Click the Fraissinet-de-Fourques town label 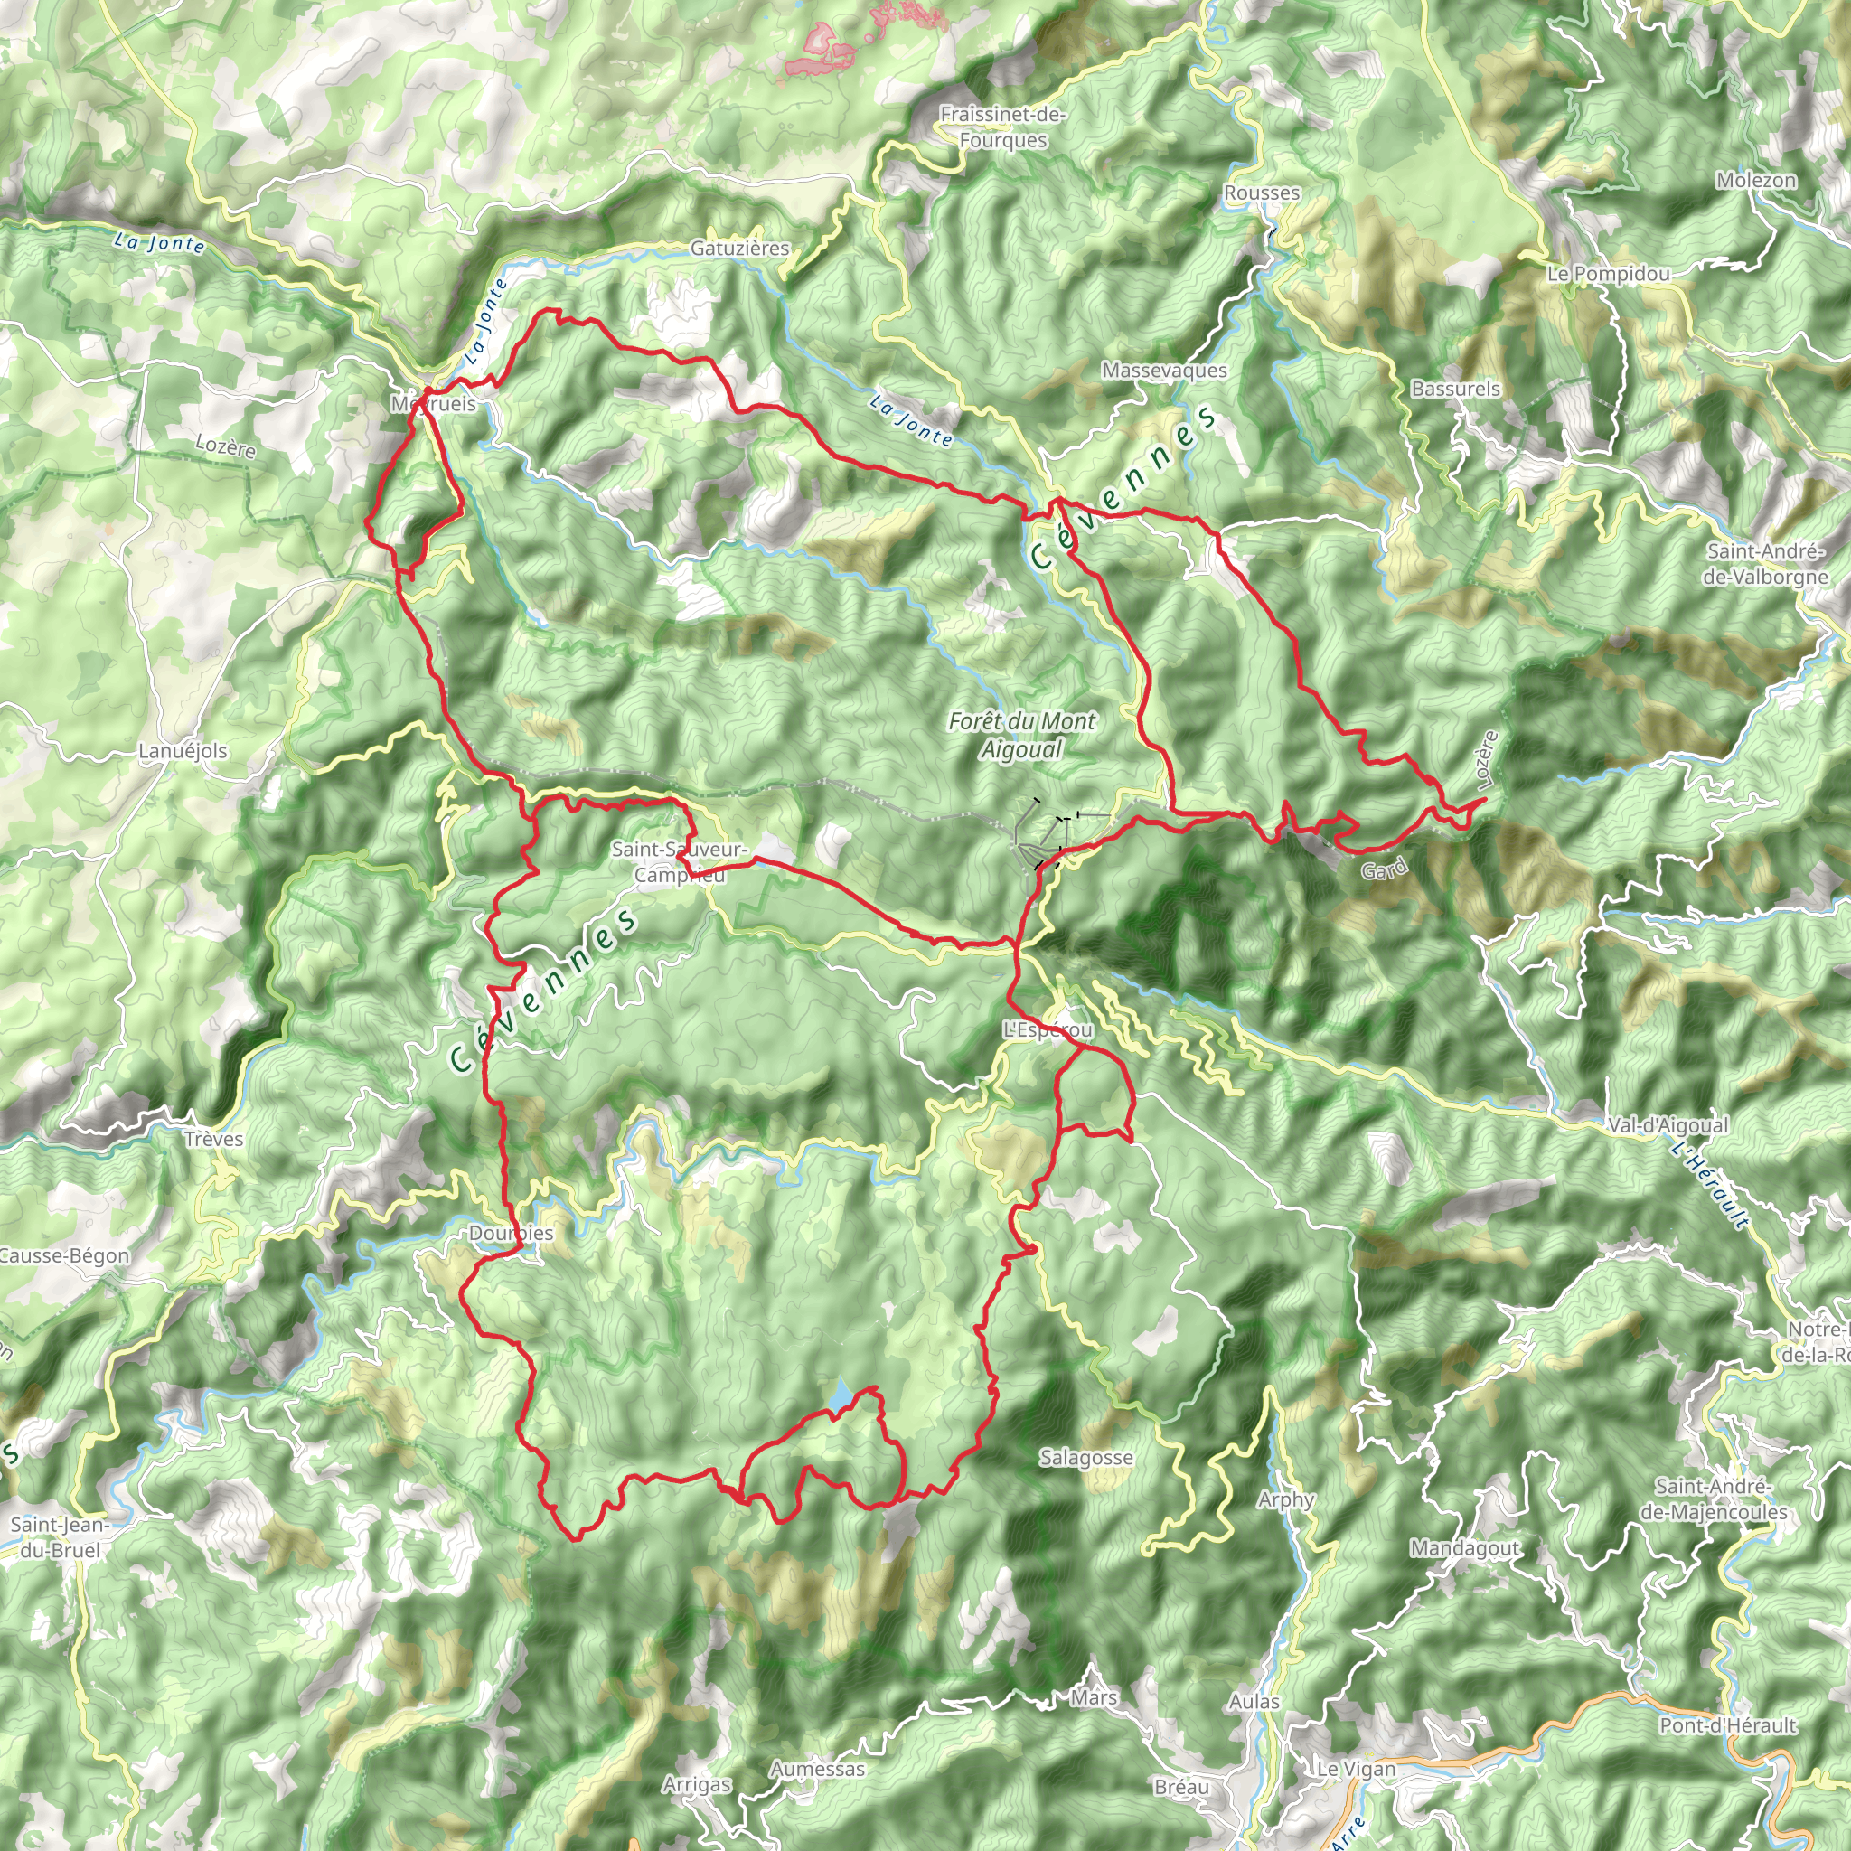[1002, 127]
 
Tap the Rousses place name [1262, 193]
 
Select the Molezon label [1756, 181]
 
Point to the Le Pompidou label [1609, 275]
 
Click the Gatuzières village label [739, 249]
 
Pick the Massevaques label [1164, 371]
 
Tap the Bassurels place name [1455, 389]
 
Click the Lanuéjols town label [183, 751]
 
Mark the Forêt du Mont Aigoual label [1022, 735]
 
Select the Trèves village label [213, 1139]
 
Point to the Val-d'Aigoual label [1668, 1126]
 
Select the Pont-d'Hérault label [1727, 1725]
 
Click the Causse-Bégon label [63, 1256]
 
